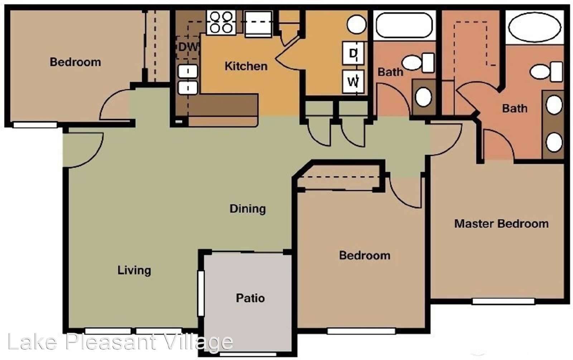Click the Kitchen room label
(246, 66)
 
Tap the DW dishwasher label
(188, 47)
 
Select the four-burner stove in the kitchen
(221, 23)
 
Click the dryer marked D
(353, 53)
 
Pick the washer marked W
(353, 82)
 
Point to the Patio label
(250, 298)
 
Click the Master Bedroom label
(501, 224)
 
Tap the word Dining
(247, 209)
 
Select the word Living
(134, 271)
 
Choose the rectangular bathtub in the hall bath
(404, 25)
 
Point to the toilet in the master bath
(546, 72)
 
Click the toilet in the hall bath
(418, 63)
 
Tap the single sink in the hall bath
(424, 97)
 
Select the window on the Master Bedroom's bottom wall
(504, 301)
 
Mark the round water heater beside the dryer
(357, 25)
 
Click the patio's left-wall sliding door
(201, 293)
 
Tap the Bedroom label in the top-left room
(75, 62)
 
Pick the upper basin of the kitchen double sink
(188, 71)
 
